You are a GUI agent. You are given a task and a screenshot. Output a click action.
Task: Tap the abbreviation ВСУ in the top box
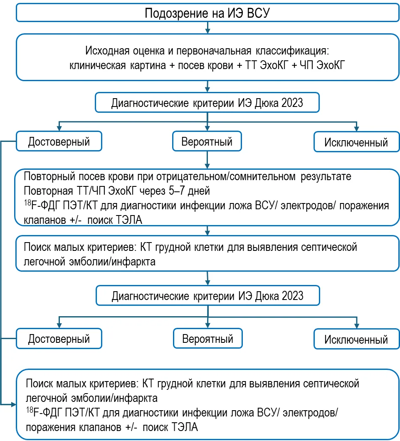click(x=258, y=13)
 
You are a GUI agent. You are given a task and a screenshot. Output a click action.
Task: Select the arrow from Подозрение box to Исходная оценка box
click(x=207, y=27)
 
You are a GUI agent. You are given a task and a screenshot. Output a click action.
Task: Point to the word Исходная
click(x=107, y=51)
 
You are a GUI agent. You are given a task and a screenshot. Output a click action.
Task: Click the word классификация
click(x=292, y=51)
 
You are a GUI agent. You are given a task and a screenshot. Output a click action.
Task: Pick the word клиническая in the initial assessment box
click(x=98, y=66)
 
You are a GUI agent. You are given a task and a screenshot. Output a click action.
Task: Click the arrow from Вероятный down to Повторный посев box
click(x=207, y=160)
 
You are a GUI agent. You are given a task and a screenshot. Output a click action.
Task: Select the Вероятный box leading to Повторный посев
click(x=207, y=141)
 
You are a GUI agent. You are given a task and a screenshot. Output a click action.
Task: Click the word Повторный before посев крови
click(x=49, y=177)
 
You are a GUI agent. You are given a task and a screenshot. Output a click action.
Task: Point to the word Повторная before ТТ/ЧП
click(x=48, y=191)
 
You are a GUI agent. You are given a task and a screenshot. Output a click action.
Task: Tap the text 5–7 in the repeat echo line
click(x=177, y=191)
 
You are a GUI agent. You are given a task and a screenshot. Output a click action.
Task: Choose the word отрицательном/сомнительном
click(x=226, y=177)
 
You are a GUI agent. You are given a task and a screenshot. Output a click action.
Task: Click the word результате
click(x=326, y=177)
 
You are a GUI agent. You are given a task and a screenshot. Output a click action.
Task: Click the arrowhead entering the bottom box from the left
click(x=14, y=404)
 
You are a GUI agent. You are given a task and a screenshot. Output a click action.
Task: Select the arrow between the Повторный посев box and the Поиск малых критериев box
click(x=207, y=230)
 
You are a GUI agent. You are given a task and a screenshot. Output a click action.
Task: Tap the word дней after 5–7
click(x=199, y=191)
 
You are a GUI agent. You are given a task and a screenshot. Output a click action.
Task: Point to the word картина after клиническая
click(x=148, y=66)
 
